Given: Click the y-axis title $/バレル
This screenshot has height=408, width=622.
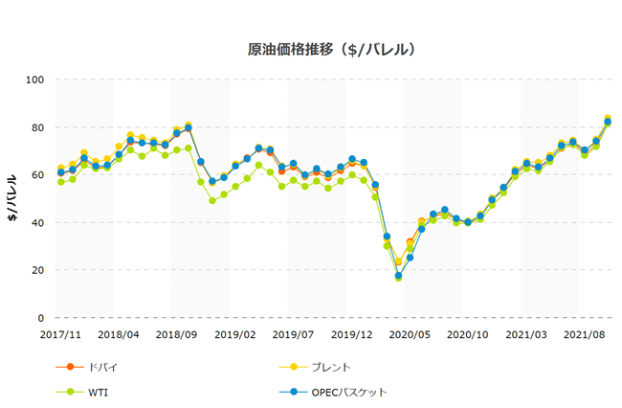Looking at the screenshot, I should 14,197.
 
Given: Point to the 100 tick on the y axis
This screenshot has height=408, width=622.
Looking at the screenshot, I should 35,79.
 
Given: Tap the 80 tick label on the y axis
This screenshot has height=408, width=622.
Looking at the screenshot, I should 38,127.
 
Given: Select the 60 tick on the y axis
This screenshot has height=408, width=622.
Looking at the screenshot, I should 38,175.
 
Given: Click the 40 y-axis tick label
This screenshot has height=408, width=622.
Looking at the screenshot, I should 38,222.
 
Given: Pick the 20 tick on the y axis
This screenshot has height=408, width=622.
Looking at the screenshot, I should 38,270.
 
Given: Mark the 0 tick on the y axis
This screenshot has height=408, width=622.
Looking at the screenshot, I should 41,318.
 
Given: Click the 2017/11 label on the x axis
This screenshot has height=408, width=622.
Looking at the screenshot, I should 60,335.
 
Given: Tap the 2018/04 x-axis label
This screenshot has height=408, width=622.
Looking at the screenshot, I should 119,335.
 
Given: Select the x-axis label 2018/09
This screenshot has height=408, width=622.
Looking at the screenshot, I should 177,335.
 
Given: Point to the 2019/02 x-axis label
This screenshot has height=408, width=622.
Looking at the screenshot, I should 235,335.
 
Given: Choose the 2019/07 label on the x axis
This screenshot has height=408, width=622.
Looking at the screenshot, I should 294,335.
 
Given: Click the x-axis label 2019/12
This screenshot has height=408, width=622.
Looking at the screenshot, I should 352,335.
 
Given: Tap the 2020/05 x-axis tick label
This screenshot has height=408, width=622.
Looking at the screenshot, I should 411,335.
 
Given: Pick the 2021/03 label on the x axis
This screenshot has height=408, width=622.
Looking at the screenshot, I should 527,335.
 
